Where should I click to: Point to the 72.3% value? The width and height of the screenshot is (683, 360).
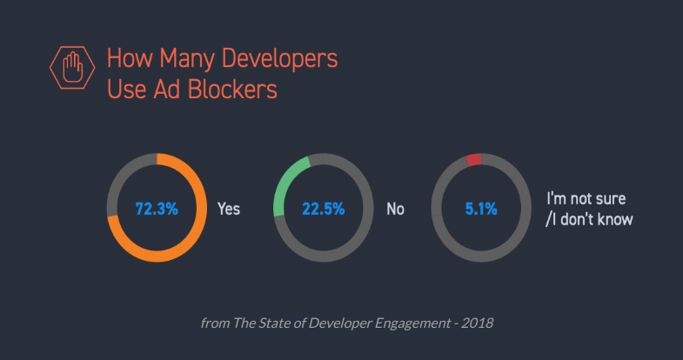coord(157,209)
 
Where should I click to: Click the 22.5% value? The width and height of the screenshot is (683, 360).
coord(324,209)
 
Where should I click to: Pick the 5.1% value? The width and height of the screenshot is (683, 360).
coord(480,209)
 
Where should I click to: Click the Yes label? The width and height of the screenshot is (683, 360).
coord(229,210)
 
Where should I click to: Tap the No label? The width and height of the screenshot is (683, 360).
coord(395,210)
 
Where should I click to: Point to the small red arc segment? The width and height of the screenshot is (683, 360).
coord(474,160)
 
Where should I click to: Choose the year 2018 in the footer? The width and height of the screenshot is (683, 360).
coord(478,323)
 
